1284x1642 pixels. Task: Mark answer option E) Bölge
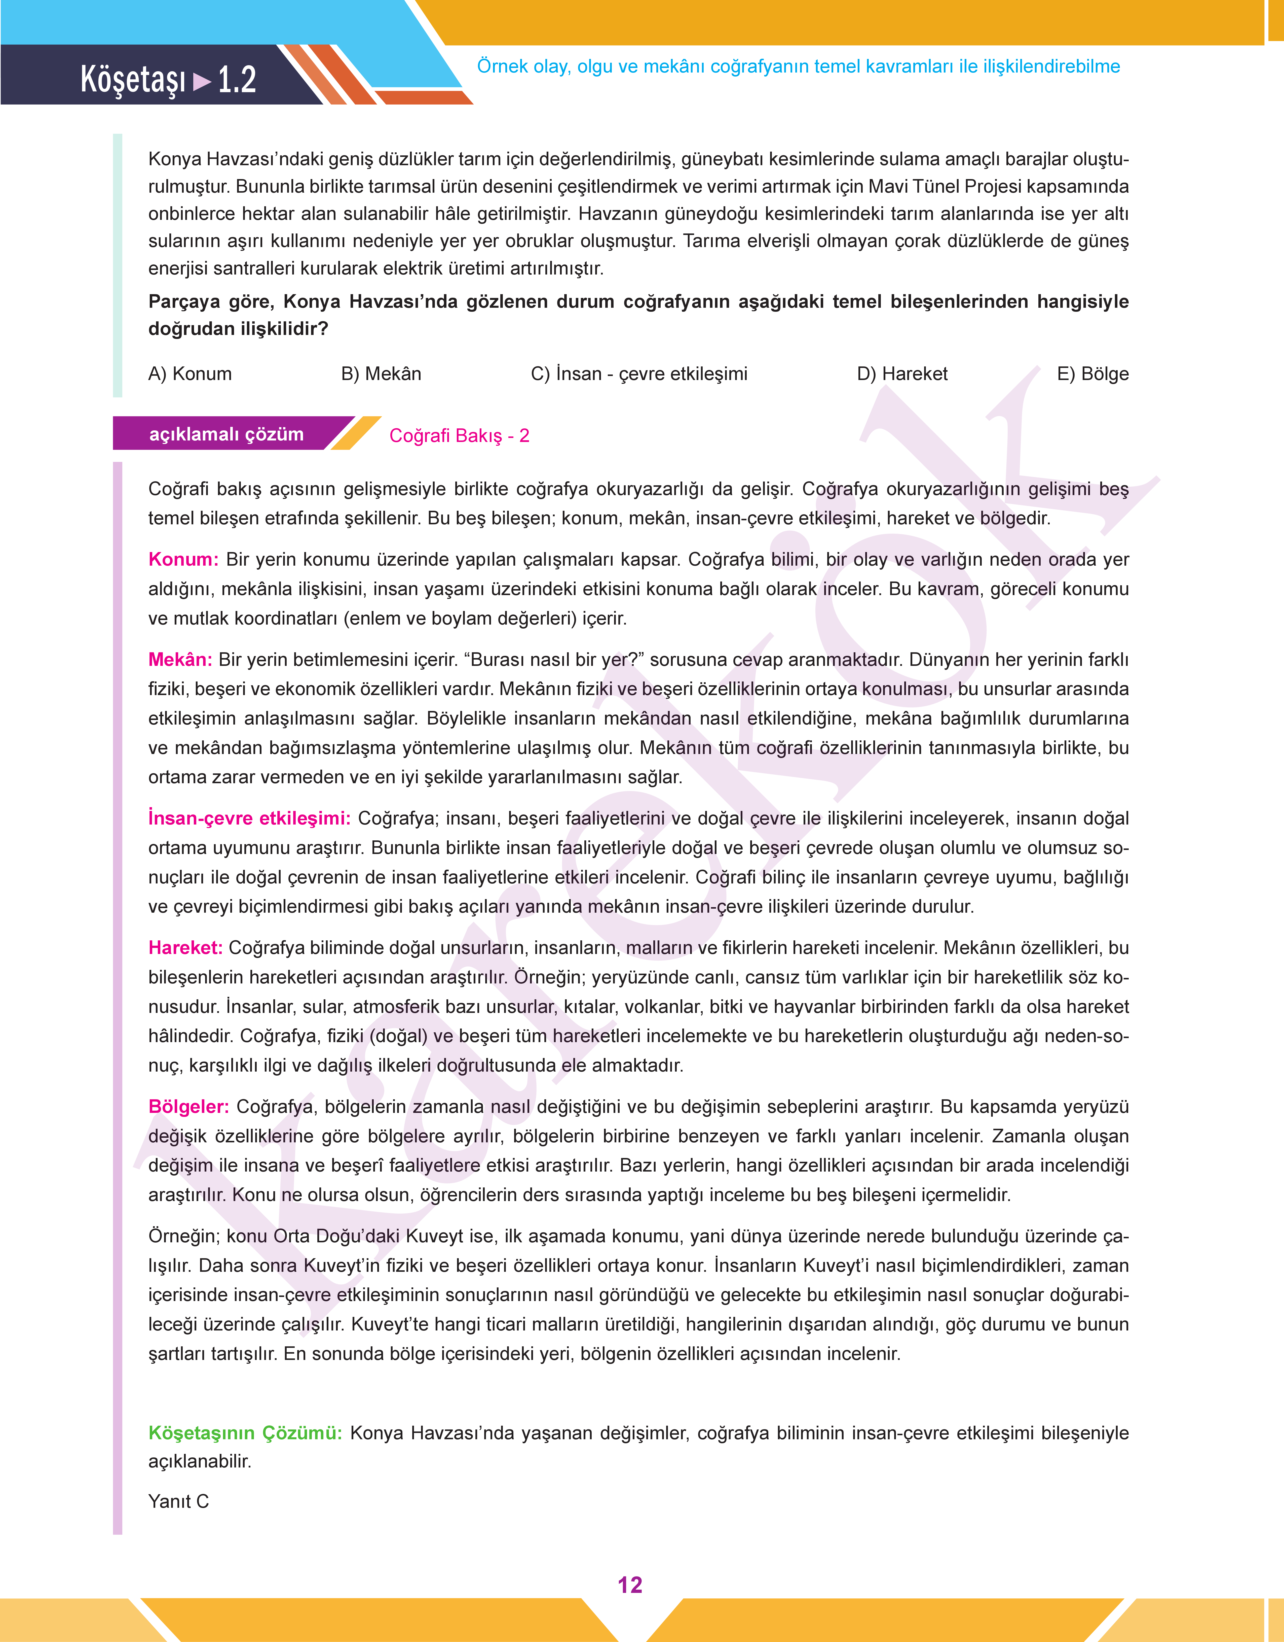pos(1092,374)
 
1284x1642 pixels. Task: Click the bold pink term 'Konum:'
pos(183,560)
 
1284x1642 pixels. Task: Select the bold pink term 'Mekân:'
pos(180,660)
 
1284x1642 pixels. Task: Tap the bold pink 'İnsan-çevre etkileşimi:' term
pos(249,818)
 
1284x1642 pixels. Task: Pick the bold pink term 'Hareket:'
pos(185,948)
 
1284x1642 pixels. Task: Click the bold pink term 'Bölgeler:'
pos(188,1106)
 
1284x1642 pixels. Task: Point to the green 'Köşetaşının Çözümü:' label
pos(245,1433)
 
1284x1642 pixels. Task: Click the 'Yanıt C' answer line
pos(178,1501)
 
